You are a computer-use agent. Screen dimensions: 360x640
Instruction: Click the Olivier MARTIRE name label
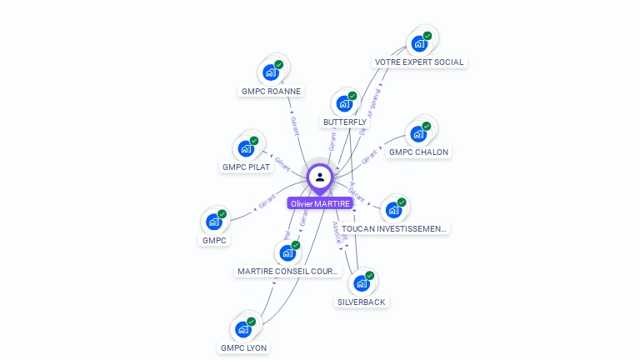(x=320, y=203)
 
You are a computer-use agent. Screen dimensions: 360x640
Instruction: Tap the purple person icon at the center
(x=320, y=177)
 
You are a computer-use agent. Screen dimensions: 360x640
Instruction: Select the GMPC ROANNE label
(x=271, y=91)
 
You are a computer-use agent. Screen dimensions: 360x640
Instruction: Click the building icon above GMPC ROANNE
(x=271, y=72)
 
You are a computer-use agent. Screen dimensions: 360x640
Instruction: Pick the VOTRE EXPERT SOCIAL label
(x=418, y=62)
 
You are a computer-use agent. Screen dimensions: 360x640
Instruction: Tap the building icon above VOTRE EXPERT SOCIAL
(x=419, y=43)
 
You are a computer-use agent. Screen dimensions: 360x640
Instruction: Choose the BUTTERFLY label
(x=345, y=122)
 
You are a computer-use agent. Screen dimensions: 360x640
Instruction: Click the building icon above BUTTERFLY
(x=344, y=104)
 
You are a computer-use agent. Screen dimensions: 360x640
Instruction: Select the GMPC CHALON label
(x=418, y=152)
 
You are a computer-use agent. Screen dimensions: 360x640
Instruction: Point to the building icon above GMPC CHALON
(x=418, y=133)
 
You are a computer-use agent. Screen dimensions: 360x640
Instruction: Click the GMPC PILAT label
(x=246, y=167)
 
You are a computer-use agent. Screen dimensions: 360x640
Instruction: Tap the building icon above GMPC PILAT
(x=246, y=148)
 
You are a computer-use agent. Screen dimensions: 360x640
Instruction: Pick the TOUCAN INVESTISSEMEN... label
(x=393, y=227)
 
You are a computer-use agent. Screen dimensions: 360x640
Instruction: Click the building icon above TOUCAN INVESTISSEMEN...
(x=393, y=210)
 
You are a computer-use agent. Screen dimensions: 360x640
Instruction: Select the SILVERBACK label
(x=362, y=302)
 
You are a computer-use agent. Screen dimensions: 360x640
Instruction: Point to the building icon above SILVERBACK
(x=362, y=283)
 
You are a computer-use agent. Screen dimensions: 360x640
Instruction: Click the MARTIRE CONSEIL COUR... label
(x=288, y=271)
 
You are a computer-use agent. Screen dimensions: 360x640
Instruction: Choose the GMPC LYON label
(x=244, y=347)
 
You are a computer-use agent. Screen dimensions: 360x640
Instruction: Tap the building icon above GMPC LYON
(x=243, y=329)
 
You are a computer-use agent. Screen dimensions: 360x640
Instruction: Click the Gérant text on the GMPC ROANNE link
(x=294, y=125)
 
